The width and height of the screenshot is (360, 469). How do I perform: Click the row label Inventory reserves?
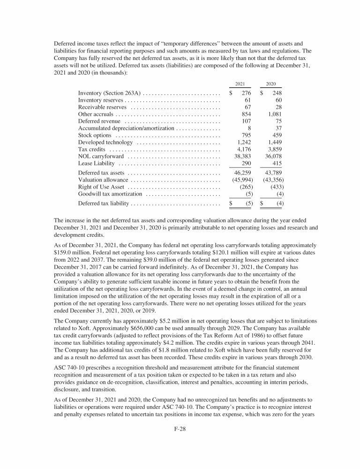click(x=100, y=100)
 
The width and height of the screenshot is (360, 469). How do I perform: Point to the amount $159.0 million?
click(x=66, y=252)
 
